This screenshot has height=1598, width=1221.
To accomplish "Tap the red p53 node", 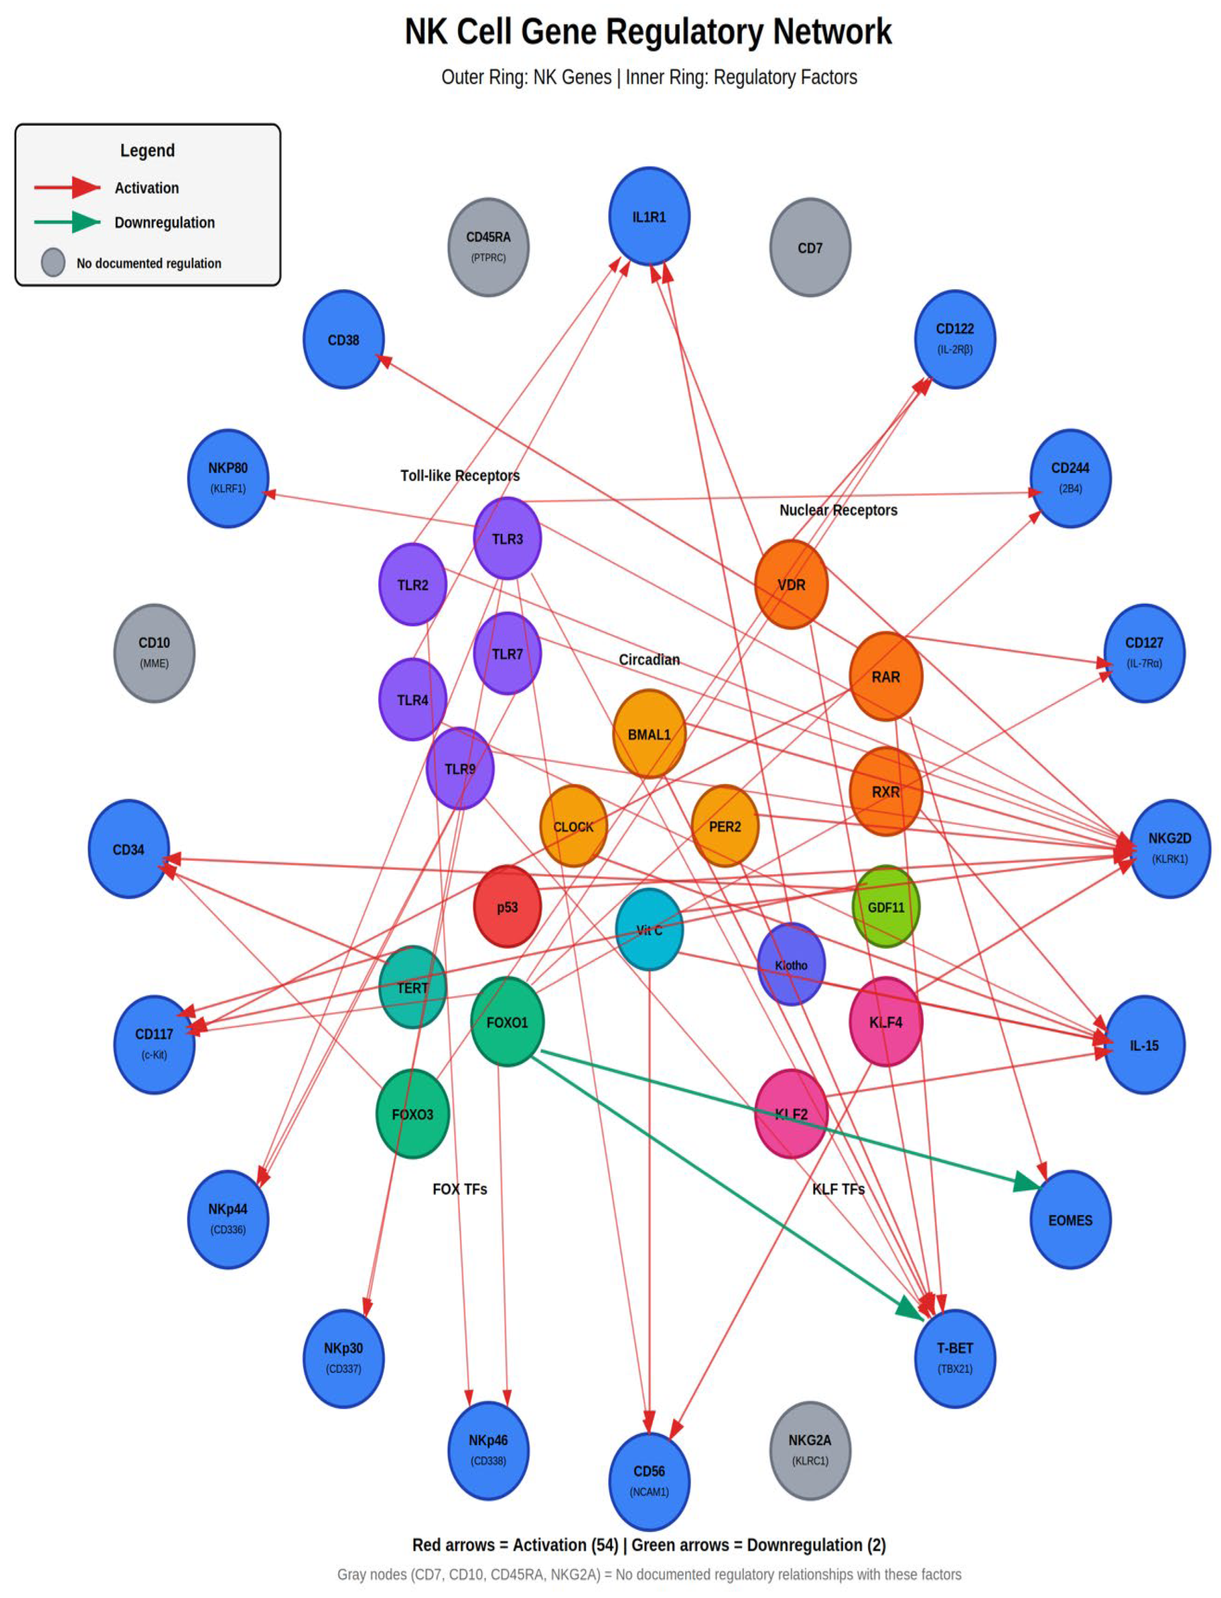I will [507, 906].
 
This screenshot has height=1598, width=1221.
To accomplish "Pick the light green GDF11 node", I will [885, 906].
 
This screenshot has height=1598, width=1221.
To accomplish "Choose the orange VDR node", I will [791, 584].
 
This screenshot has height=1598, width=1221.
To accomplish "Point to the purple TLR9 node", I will [459, 768].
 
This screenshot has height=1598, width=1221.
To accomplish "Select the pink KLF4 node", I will [885, 1022].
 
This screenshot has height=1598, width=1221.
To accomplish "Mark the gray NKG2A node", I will [810, 1450].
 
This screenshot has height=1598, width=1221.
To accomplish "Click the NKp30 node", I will [343, 1357].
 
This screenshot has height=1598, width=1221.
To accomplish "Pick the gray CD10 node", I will [154, 653].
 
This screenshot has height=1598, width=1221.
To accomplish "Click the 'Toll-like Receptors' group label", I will [459, 475].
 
